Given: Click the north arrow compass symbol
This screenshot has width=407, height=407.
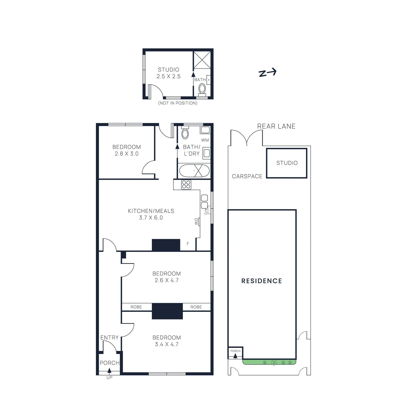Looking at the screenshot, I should point(267,73).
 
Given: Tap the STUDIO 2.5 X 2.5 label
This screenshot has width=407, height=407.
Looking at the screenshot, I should point(168,73).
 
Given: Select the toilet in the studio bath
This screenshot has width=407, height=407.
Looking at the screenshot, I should point(202,89).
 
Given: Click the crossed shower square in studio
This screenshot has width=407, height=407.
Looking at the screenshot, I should point(202,60).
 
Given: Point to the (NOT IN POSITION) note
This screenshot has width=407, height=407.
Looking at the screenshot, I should point(178,103).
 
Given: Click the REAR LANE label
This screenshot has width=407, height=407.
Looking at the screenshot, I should point(276,126).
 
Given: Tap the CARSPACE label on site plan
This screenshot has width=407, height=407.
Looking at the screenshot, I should point(247,176).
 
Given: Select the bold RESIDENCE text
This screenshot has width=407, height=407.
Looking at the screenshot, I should point(261,281).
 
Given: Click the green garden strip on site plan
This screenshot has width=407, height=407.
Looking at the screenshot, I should point(269,362).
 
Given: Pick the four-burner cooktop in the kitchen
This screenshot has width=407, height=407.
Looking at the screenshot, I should point(186,185).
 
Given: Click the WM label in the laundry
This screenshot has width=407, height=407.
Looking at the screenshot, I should point(205,140).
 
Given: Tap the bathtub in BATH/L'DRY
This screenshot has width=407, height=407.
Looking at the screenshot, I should point(194,171).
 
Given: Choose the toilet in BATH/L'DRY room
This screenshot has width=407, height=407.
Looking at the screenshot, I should point(185,134).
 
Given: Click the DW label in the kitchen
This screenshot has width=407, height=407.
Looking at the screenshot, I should point(196,222).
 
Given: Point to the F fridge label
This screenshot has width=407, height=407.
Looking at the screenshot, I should point(188,244).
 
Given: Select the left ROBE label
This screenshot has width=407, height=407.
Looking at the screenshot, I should point(136,307).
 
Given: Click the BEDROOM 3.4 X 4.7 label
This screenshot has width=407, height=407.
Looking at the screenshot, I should point(167,341).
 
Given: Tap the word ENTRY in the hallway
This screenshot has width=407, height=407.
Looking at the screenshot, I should point(109,338).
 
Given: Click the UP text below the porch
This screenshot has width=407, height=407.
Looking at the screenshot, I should point(109,377).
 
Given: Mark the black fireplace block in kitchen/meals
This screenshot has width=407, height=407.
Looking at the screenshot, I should point(166,245).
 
